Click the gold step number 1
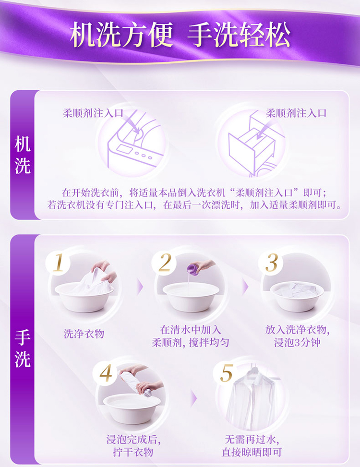(59, 263)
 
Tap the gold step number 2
(165, 263)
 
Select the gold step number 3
(271, 263)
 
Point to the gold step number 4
(106, 372)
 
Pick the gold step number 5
(226, 372)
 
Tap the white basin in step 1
(84, 298)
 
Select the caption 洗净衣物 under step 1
(84, 334)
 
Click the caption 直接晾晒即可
(252, 452)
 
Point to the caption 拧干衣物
(133, 452)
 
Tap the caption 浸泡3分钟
(297, 342)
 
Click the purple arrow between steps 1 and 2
(140, 287)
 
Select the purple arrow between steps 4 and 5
(193, 398)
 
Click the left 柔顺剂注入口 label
(93, 113)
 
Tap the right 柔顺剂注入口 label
(296, 113)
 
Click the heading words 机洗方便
(121, 35)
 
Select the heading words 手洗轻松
(239, 35)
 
